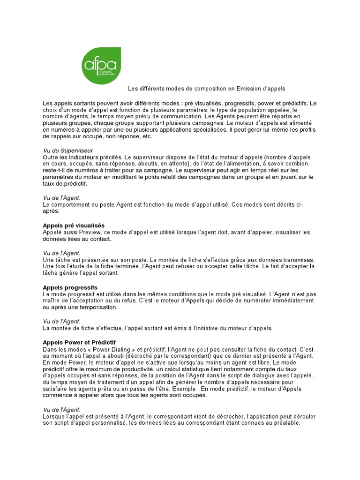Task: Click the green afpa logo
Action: click(101, 66)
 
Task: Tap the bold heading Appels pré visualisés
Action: click(74, 225)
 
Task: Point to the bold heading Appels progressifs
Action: click(70, 287)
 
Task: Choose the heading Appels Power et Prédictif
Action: click(79, 342)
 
